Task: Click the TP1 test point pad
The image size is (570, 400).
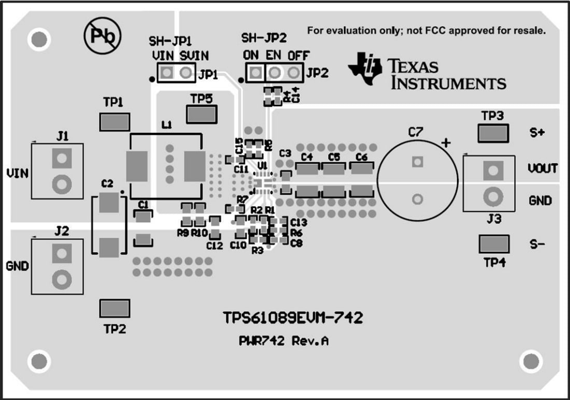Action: [115, 122]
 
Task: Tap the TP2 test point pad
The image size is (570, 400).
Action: [115, 308]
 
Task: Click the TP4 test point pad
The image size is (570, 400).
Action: [494, 244]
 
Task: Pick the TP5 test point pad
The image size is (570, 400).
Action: [201, 114]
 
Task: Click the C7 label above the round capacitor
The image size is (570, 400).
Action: [415, 133]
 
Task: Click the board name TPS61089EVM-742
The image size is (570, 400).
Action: [292, 318]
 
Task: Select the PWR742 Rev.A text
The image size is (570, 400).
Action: [283, 341]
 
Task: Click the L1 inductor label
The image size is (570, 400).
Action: [167, 125]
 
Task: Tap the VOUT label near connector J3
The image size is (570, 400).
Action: [543, 168]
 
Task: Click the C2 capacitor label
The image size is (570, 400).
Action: [107, 183]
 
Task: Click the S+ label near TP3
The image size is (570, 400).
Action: [537, 133]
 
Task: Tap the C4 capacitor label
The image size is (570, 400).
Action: [307, 156]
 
